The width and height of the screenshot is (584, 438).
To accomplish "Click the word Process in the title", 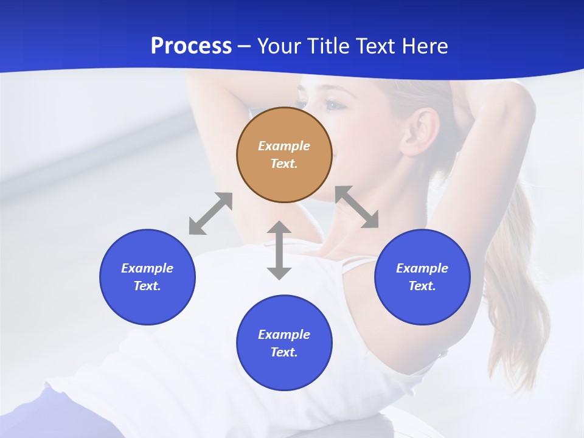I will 191,46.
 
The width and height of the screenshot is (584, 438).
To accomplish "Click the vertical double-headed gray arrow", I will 279,250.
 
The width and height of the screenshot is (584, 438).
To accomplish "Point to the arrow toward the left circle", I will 210,214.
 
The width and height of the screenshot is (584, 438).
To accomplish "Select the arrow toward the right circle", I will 356,207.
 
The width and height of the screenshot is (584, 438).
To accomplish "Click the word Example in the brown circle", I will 284,146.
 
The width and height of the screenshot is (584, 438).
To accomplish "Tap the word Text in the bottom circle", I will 283,352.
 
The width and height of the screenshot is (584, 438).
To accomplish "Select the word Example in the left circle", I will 147,268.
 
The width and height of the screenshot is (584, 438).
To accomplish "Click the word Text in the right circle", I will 421,286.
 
